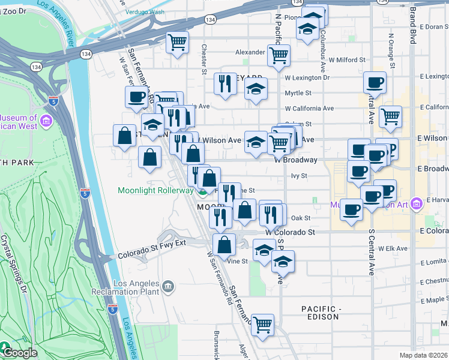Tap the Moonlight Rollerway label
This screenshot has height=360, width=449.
pos(155,190)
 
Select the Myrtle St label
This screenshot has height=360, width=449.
pos(298,93)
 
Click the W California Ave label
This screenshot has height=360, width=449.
pos(309,109)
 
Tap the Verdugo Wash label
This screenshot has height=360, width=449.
pos(145,11)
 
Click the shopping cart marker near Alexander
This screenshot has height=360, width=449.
pos(279,55)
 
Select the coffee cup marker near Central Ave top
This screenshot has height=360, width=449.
pos(375,82)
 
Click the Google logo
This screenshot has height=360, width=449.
pos(19,353)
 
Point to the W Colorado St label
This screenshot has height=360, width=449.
pos(290,232)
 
